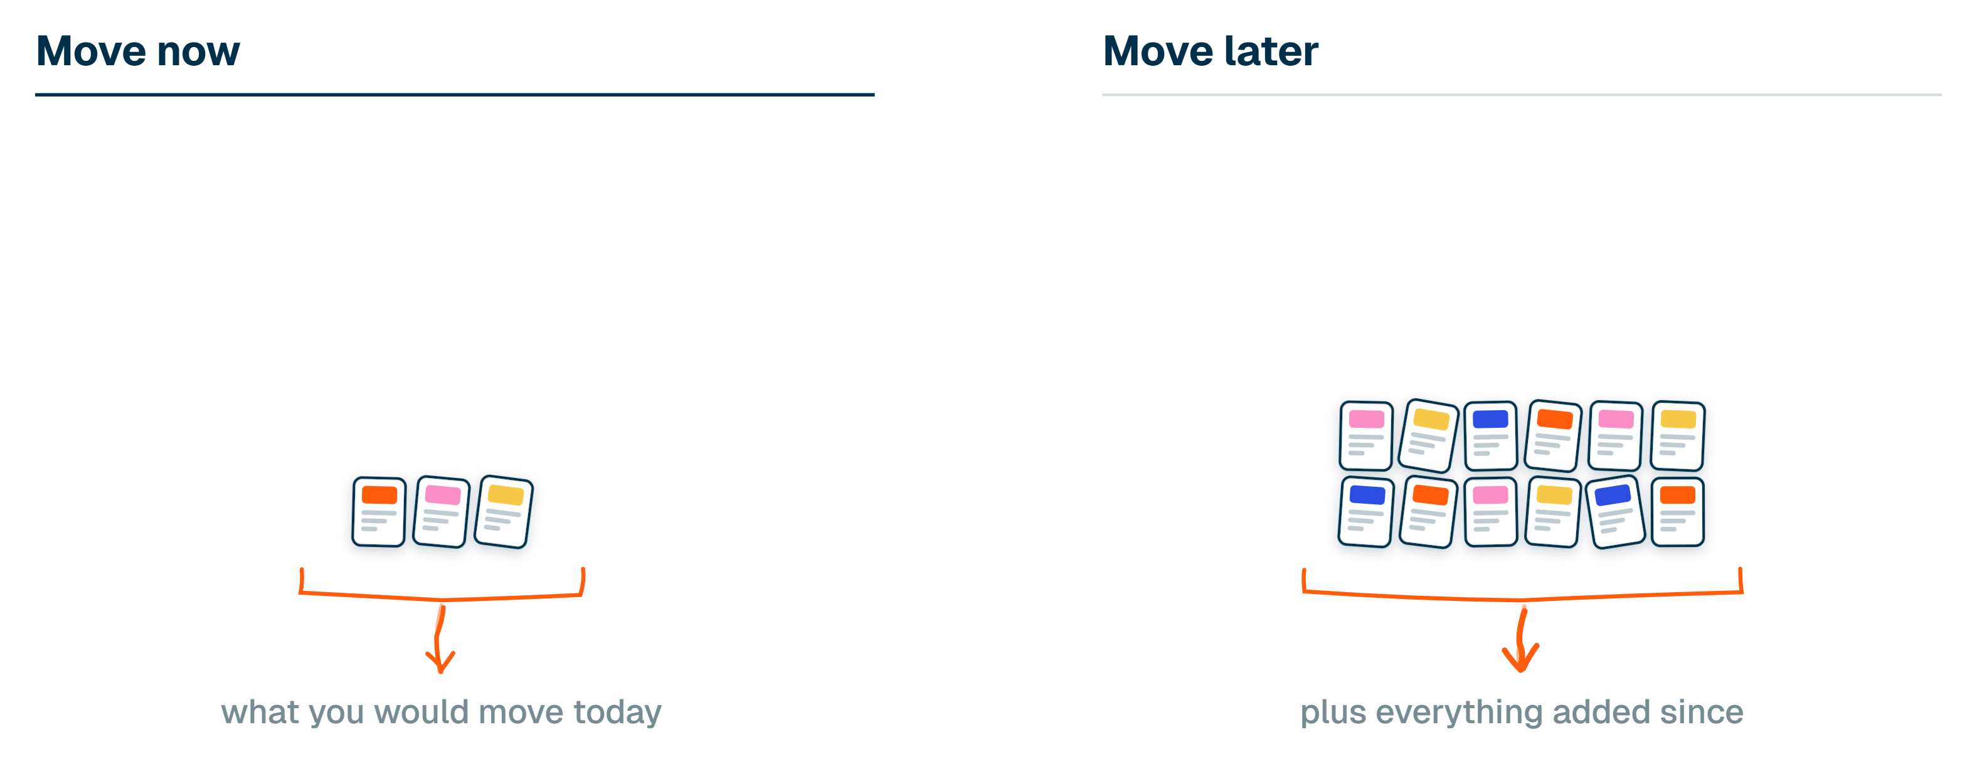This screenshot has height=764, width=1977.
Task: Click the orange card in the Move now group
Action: tap(378, 511)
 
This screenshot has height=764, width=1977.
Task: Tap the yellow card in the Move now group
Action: tap(504, 511)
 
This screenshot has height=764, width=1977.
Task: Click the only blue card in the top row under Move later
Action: tap(1490, 435)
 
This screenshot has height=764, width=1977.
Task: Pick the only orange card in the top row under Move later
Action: tap(1554, 435)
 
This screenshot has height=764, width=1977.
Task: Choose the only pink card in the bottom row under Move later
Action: tap(1490, 511)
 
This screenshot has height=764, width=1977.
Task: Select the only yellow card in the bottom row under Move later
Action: tap(1554, 511)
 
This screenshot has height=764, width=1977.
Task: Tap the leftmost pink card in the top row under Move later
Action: tap(1366, 435)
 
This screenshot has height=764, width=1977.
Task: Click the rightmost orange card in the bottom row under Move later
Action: tap(1678, 511)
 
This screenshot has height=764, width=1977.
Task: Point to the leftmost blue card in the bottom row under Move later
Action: tap(1366, 511)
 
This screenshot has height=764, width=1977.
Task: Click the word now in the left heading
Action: tap(199, 52)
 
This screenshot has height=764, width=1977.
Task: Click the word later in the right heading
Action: tap(1271, 51)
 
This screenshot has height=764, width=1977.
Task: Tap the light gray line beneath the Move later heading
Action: tap(1522, 95)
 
